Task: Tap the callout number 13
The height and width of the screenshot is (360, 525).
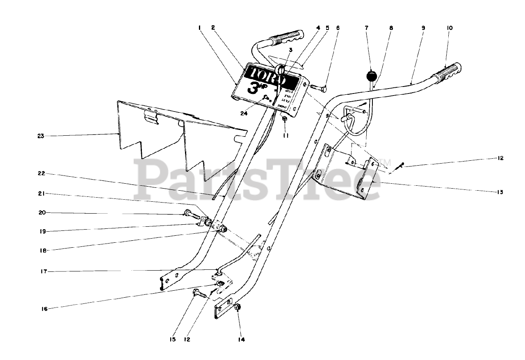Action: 500,191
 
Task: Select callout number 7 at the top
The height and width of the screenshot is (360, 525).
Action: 366,28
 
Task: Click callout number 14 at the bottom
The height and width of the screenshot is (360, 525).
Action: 241,339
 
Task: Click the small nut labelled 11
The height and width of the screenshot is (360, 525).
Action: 284,118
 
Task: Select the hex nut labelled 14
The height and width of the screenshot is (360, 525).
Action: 238,307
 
